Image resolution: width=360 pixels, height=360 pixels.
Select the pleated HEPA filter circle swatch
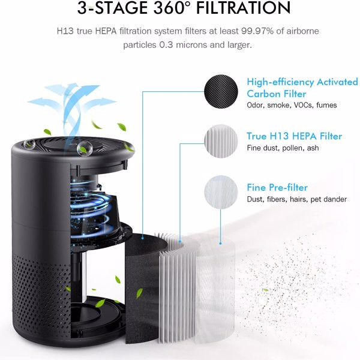tap(221, 142)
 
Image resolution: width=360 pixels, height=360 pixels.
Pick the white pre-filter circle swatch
tap(221, 192)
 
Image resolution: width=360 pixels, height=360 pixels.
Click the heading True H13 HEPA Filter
tap(294, 136)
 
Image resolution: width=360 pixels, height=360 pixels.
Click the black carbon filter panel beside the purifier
tap(142, 294)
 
